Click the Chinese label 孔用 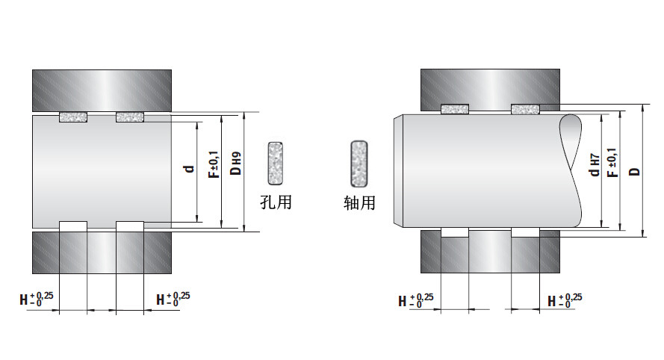[276, 202]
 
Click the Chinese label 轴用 [359, 203]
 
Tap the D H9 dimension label [236, 164]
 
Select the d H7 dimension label [595, 165]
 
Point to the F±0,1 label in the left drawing [214, 164]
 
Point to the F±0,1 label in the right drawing [612, 163]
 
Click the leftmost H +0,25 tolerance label [37, 299]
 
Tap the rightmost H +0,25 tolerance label [565, 300]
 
